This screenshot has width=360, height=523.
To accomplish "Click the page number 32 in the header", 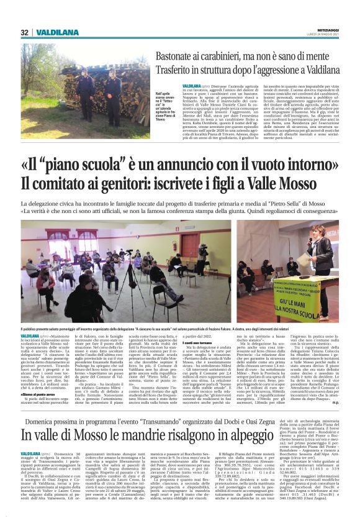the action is [24, 32].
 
